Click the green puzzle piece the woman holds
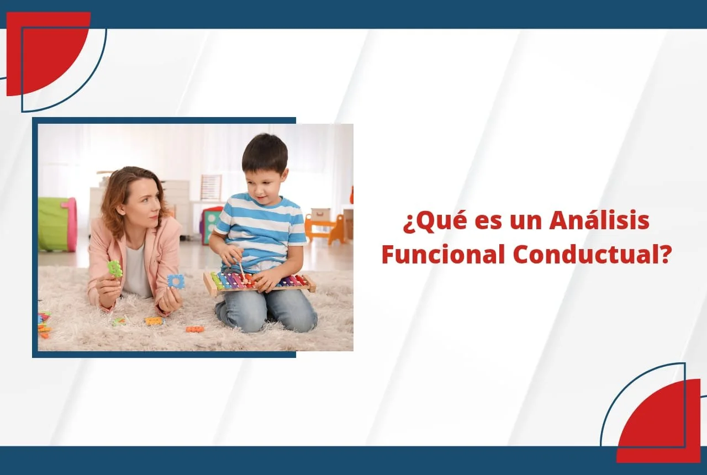point(115,268)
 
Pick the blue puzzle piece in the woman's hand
point(176,282)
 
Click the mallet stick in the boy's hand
point(242,270)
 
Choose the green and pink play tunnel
point(57,224)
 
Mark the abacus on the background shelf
point(210,187)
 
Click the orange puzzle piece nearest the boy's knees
point(194,329)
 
